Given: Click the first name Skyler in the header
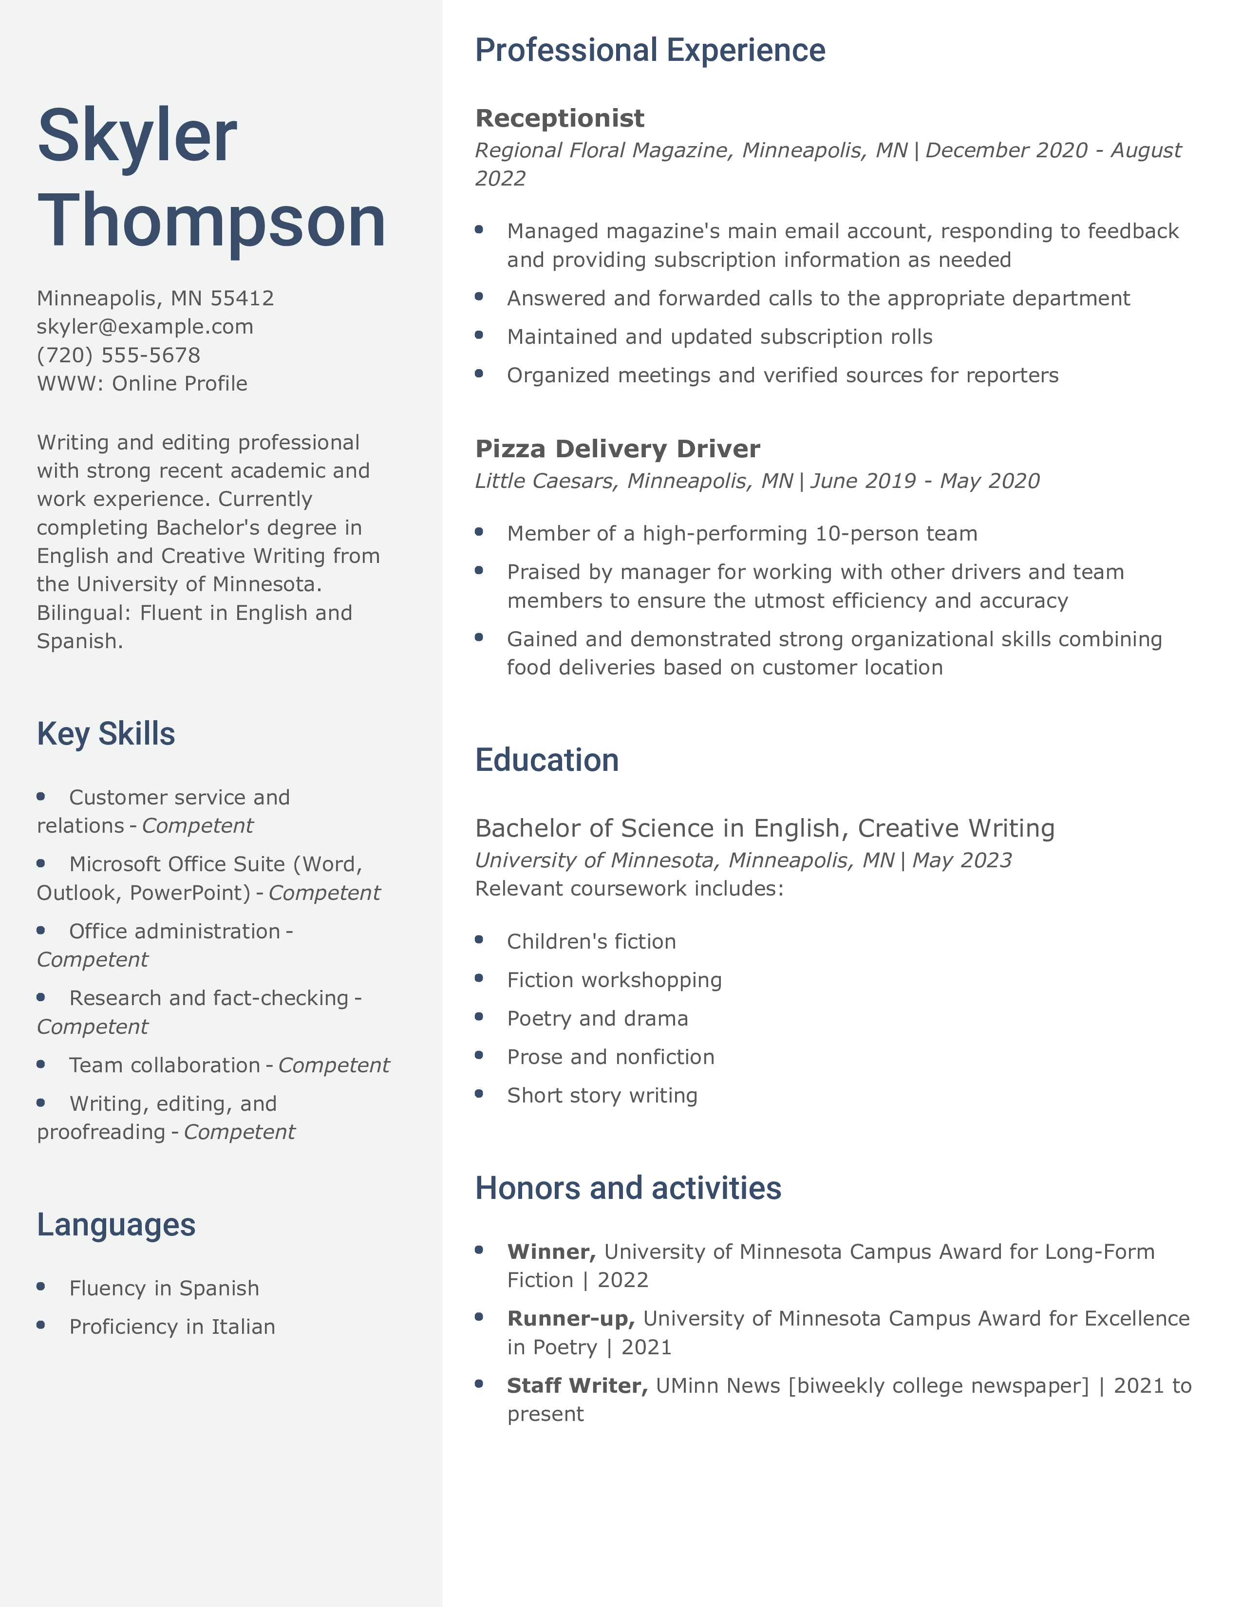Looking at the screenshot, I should pos(137,136).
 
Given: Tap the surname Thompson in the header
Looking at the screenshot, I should pos(212,221).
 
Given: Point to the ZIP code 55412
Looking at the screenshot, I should pos(242,298).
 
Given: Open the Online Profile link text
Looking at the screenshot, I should pos(180,383).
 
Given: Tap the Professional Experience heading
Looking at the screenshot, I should pos(650,51).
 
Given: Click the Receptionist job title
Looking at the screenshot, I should pos(559,118).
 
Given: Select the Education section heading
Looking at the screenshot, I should pos(546,760).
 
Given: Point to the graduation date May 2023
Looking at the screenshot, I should pos(961,860).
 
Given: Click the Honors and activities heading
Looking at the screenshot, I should pos(628,1188).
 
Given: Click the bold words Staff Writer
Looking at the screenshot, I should pos(577,1385).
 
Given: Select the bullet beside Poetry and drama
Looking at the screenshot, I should pos(479,1017).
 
